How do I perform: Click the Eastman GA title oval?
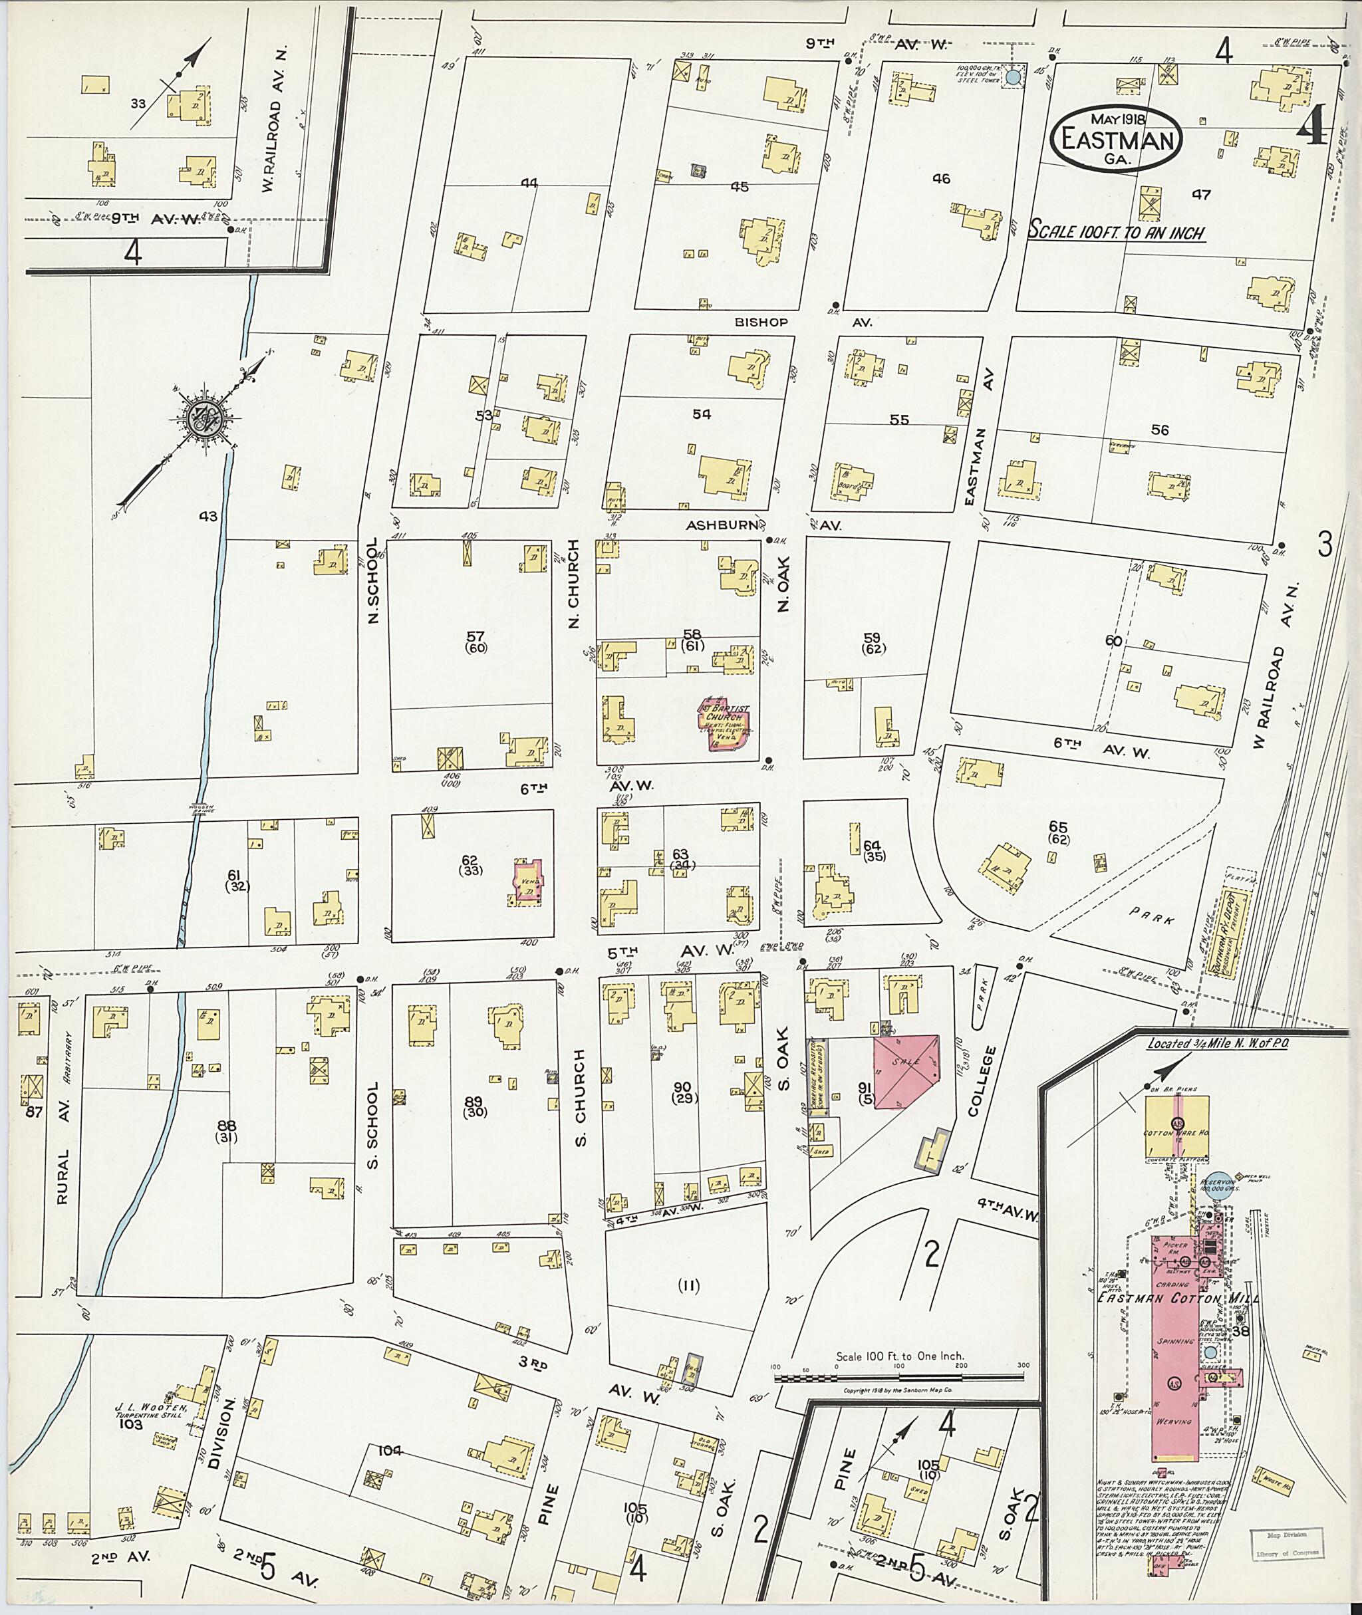click(1117, 138)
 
